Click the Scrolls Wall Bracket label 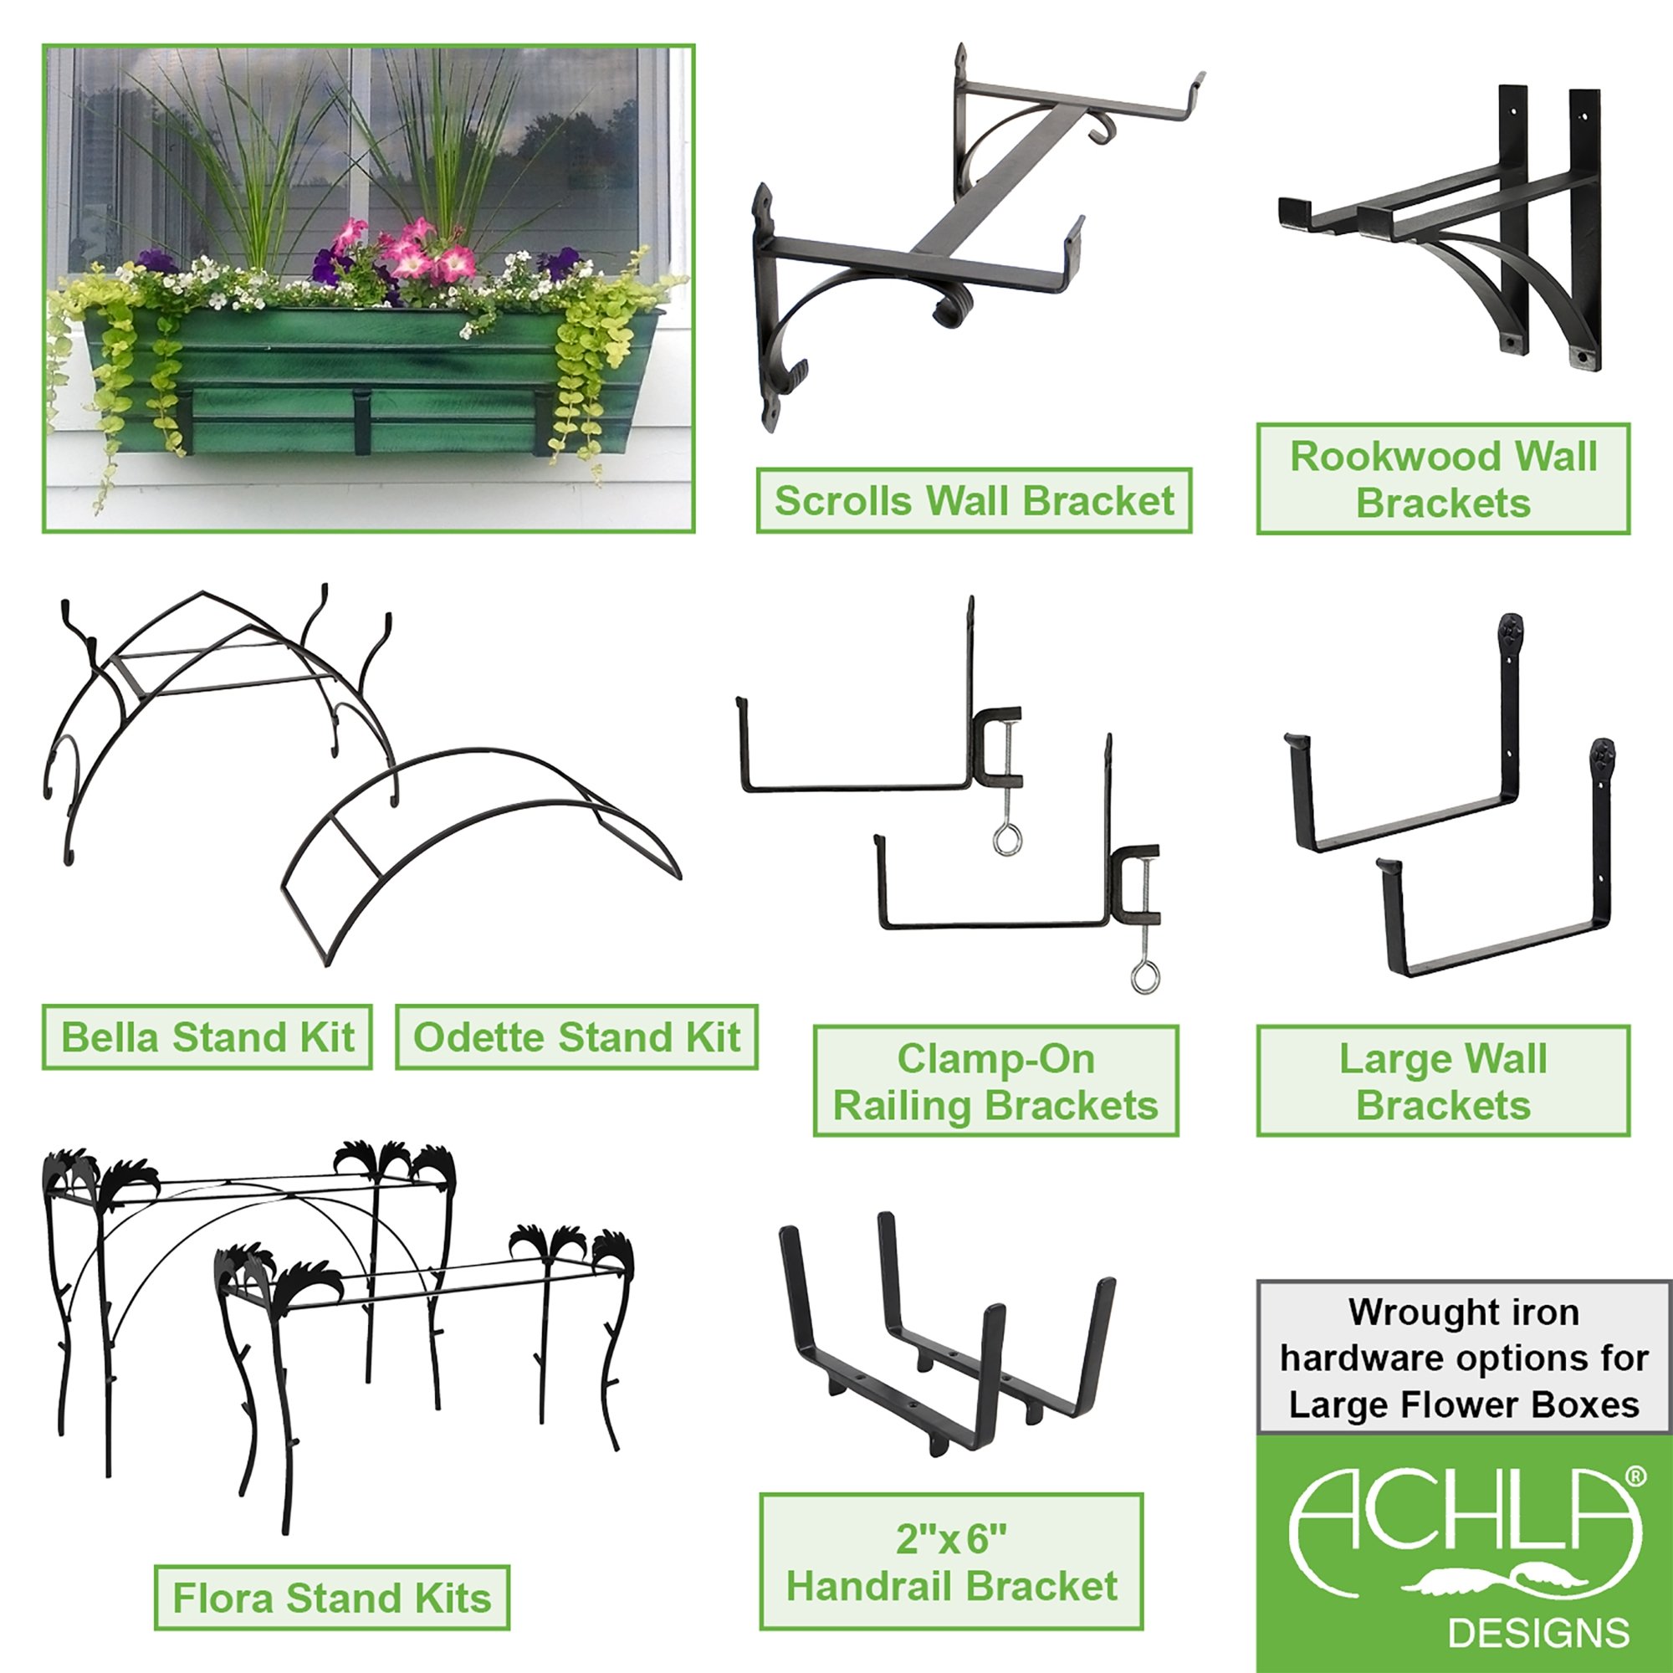[975, 500]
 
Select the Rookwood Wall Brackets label [1444, 478]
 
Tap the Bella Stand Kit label [207, 1036]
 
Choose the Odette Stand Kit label [576, 1036]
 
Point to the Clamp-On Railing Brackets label [995, 1081]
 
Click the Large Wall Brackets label [1444, 1081]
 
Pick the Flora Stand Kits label [331, 1597]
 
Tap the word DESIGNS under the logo [1539, 1632]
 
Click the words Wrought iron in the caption [1463, 1312]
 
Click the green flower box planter [372, 381]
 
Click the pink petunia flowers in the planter [407, 251]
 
